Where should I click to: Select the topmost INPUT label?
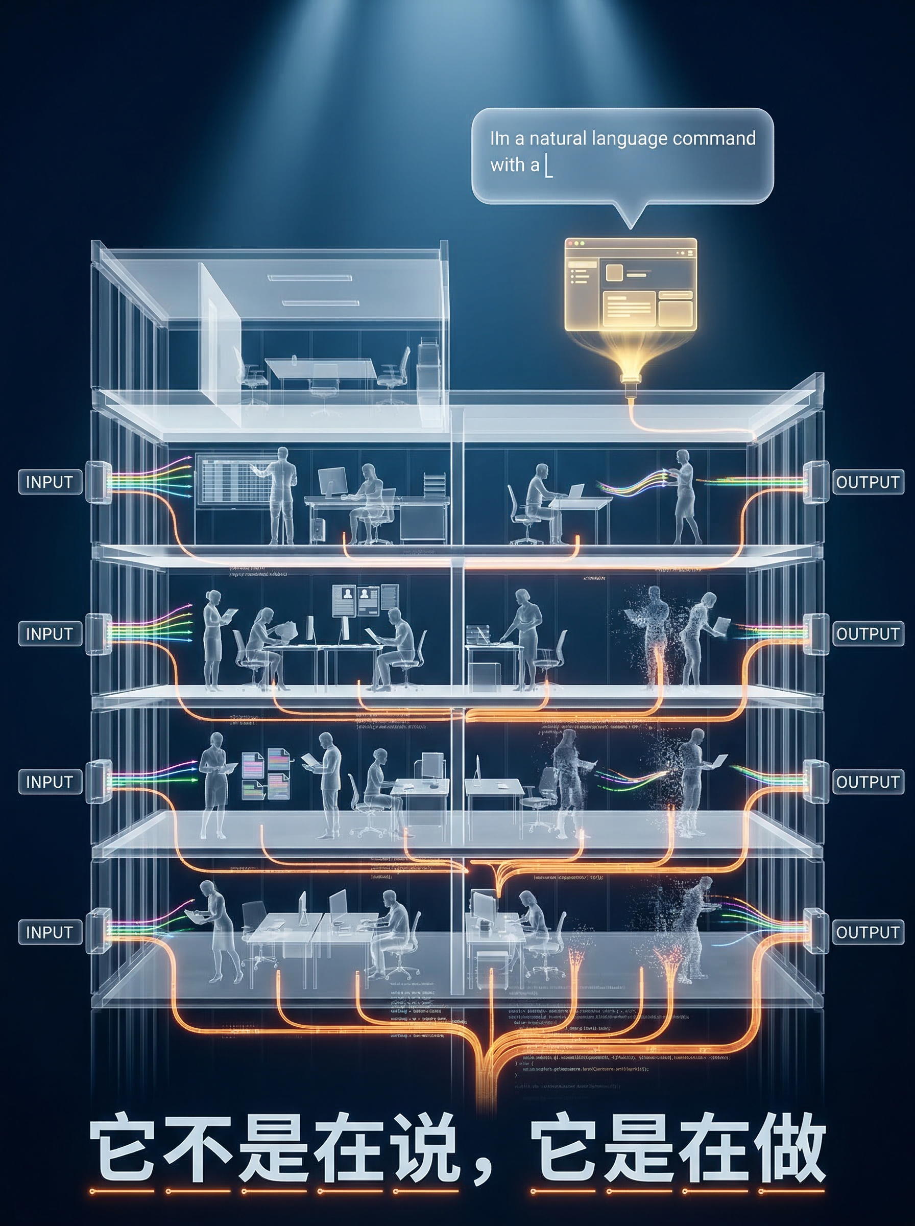point(50,482)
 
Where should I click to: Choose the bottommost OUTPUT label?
point(868,932)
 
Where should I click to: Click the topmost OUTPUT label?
point(868,482)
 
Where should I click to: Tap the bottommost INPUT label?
point(50,932)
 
